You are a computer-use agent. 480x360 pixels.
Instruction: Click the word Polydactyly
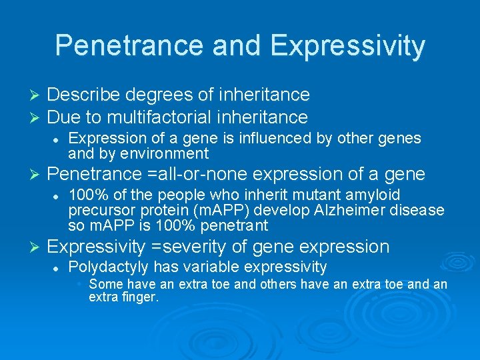click(109, 267)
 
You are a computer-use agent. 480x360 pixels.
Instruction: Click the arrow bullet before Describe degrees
click(37, 95)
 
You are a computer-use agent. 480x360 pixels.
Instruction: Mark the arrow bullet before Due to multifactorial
click(37, 118)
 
